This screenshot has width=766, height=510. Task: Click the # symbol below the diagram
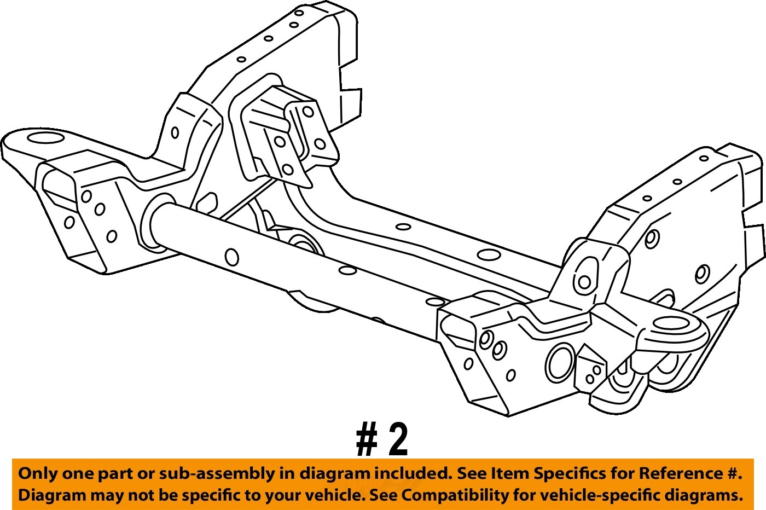367,440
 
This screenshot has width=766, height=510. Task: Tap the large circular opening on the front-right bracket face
560,362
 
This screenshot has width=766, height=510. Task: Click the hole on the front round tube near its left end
232,257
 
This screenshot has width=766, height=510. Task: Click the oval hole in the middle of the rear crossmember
488,255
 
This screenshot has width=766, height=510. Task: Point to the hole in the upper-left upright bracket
175,132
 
